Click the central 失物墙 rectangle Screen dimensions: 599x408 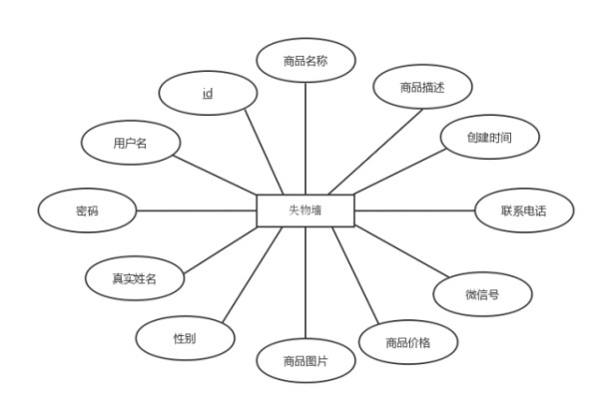pos(305,210)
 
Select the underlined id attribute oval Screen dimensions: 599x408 pos(208,93)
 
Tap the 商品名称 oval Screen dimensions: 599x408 pos(305,60)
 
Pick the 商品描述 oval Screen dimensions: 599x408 pos(422,87)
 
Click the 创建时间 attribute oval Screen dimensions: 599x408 pos(490,137)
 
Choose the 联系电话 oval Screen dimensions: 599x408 pos(524,210)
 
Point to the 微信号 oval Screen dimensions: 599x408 pos(482,294)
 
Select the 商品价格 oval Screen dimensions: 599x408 pos(408,342)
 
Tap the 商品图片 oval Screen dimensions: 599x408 pos(305,360)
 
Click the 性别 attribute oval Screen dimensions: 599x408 pos(185,338)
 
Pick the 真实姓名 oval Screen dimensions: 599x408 pos(135,278)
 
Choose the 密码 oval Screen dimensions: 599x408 pos(87,210)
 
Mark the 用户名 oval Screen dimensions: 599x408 pos(131,143)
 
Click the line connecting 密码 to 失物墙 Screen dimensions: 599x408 pos(197,210)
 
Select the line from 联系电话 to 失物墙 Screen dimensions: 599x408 pos(414,210)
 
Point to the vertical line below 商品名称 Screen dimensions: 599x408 pos(305,139)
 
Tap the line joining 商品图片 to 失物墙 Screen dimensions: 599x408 pos(305,282)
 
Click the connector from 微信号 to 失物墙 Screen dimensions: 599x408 pos(401,251)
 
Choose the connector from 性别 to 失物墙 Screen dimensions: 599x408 pos(253,274)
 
